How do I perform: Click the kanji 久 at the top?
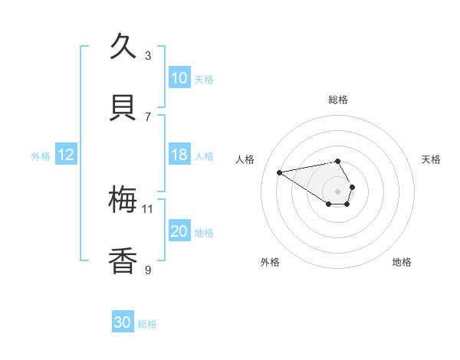(x=123, y=47)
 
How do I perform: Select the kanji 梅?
(x=123, y=200)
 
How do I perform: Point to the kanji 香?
(x=123, y=261)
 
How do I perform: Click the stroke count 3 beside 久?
(x=148, y=55)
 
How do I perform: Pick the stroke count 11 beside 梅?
(x=148, y=208)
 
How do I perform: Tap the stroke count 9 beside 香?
(x=148, y=270)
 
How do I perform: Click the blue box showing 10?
(x=179, y=78)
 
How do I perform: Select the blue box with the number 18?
(x=179, y=155)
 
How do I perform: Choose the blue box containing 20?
(x=179, y=231)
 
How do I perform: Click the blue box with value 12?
(x=66, y=155)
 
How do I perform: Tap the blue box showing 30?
(x=123, y=322)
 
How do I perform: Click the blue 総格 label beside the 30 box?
(x=147, y=324)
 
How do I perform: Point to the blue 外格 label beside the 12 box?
(x=41, y=156)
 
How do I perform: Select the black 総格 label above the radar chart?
(x=338, y=100)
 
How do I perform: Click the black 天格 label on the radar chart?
(x=432, y=159)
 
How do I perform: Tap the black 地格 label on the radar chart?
(x=402, y=263)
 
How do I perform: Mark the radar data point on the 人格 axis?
(x=280, y=172)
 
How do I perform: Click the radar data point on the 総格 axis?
(x=338, y=161)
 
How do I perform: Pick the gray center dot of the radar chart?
(x=338, y=191)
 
